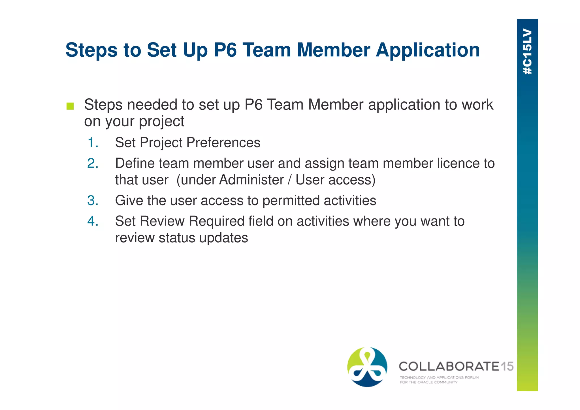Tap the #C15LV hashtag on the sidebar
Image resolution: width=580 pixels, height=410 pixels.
pyautogui.click(x=527, y=52)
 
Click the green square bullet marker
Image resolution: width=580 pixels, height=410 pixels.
pyautogui.click(x=70, y=106)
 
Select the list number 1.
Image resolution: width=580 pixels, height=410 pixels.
pyautogui.click(x=93, y=143)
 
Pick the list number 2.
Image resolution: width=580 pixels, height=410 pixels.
pyautogui.click(x=93, y=163)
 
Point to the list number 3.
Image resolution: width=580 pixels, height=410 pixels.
pyautogui.click(x=93, y=201)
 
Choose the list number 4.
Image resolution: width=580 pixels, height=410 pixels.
pyautogui.click(x=93, y=221)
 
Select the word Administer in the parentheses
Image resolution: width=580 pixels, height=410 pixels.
pyautogui.click(x=251, y=180)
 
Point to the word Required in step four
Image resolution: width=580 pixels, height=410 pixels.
pyautogui.click(x=216, y=221)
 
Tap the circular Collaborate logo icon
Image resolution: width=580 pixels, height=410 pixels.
pyautogui.click(x=367, y=367)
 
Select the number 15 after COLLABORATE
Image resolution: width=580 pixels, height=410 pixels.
pyautogui.click(x=507, y=366)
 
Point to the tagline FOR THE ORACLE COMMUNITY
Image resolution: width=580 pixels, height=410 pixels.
pyautogui.click(x=428, y=382)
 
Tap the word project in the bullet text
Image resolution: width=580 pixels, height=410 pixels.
pyautogui.click(x=161, y=122)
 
